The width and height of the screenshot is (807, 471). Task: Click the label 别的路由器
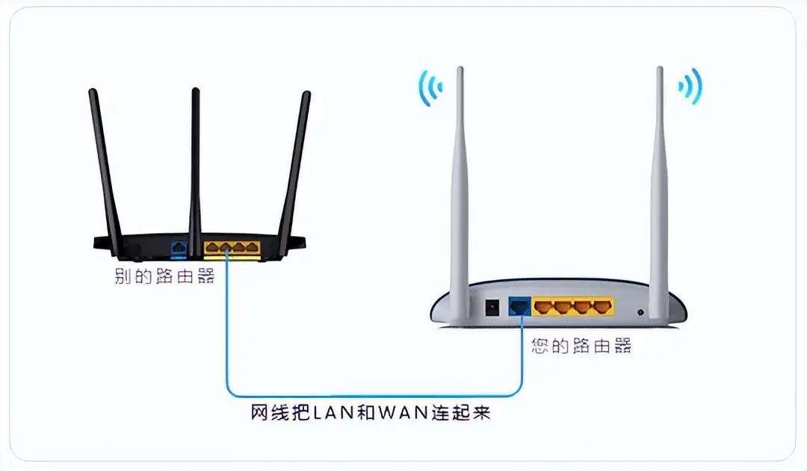click(164, 276)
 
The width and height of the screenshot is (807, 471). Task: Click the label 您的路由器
click(581, 346)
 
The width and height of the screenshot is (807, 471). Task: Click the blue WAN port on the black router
click(179, 249)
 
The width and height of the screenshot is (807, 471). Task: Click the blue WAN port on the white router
click(520, 307)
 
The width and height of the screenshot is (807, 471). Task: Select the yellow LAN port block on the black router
click(232, 248)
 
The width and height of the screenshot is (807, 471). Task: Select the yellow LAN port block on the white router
click(573, 307)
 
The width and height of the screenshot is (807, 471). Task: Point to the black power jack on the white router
click(492, 308)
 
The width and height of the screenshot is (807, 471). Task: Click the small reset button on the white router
click(640, 312)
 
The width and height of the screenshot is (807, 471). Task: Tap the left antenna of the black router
click(105, 169)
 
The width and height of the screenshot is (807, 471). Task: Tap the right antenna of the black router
click(294, 169)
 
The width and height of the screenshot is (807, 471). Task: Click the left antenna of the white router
click(460, 190)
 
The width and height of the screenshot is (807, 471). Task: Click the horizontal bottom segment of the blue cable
click(374, 396)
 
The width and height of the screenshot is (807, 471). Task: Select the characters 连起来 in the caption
click(461, 412)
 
